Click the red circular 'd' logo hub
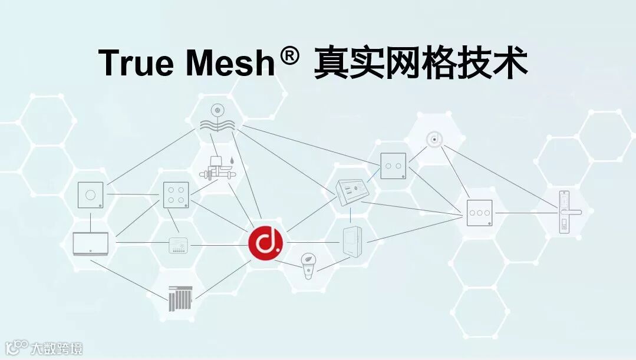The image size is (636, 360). pyautogui.click(x=265, y=242)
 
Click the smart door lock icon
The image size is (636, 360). pyautogui.click(x=565, y=212)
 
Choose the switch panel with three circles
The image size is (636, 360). pyautogui.click(x=479, y=212)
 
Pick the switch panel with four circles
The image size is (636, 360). pyautogui.click(x=176, y=194)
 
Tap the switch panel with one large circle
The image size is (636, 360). pyautogui.click(x=91, y=194)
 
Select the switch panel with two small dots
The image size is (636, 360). pyautogui.click(x=393, y=166)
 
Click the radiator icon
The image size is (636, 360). pyautogui.click(x=180, y=298)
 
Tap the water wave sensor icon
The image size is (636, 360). pyautogui.click(x=218, y=118)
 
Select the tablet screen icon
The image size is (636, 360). pyautogui.click(x=90, y=243)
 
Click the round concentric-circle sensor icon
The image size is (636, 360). pyautogui.click(x=434, y=139)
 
